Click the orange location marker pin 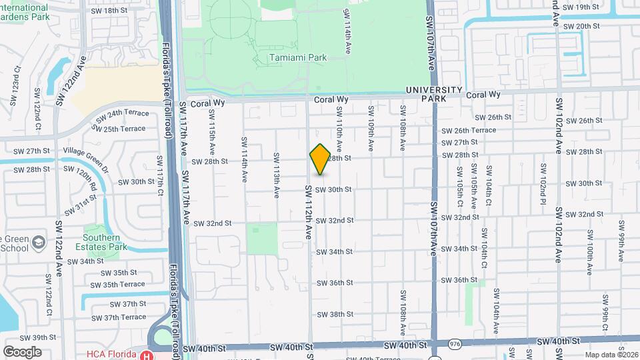click(x=321, y=159)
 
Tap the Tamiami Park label click(x=298, y=58)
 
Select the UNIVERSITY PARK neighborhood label click(x=433, y=94)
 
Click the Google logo click(x=22, y=352)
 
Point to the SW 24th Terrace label click(x=121, y=117)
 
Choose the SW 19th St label click(x=581, y=7)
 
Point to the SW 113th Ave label click(x=276, y=175)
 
